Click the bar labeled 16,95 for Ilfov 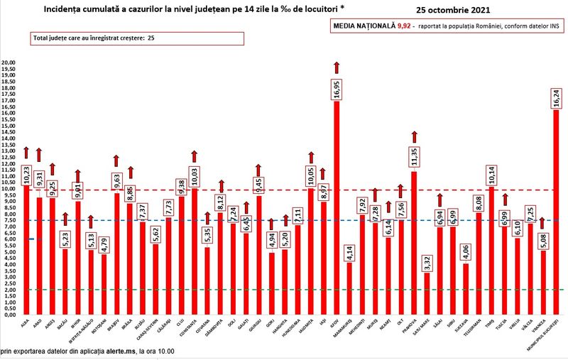point(337,213)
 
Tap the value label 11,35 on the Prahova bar point(414,156)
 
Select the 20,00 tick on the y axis point(9,63)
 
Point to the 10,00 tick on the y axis point(9,189)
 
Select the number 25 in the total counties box point(151,38)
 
